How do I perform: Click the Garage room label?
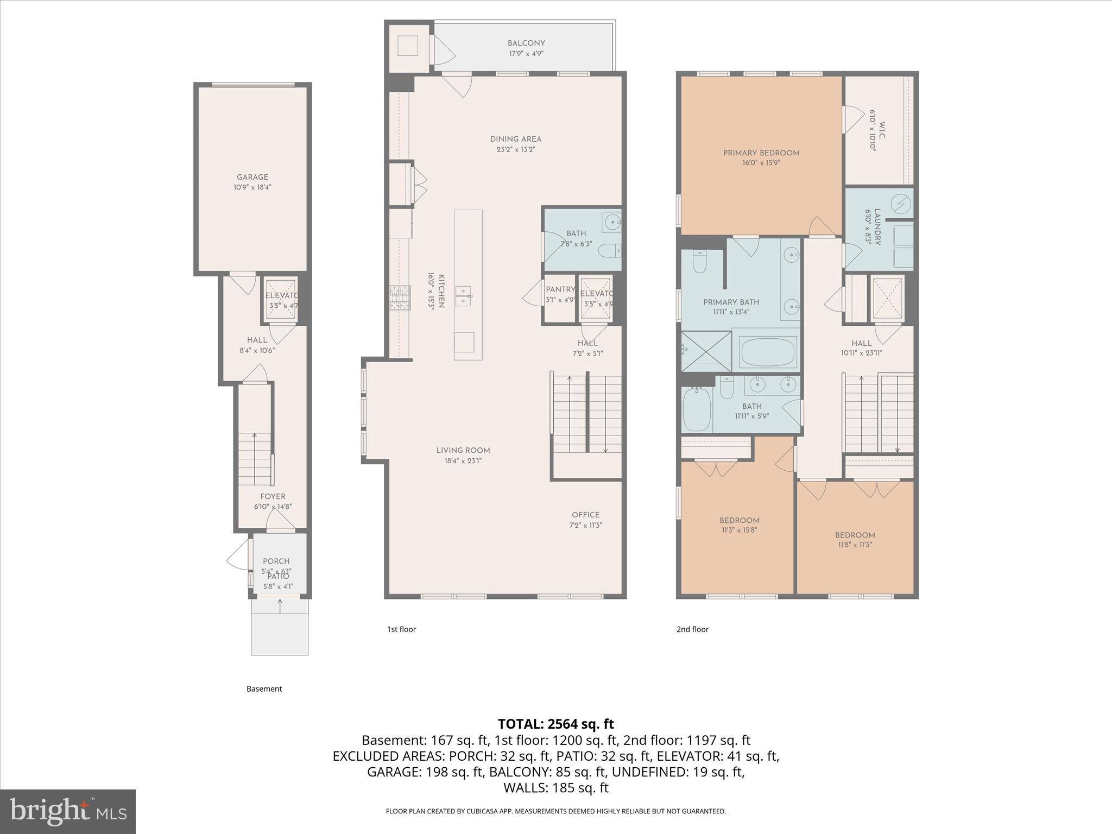click(252, 178)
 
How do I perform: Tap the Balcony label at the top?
click(526, 43)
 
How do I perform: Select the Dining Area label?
click(515, 140)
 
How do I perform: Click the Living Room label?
click(463, 451)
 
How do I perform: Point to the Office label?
click(585, 515)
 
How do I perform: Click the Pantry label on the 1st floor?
click(560, 290)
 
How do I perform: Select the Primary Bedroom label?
click(761, 154)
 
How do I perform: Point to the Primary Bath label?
click(731, 302)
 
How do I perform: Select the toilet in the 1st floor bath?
click(608, 251)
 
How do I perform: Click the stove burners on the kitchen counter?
click(400, 299)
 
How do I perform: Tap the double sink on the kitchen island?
click(463, 296)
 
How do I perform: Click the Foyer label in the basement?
click(273, 497)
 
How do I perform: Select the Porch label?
click(276, 561)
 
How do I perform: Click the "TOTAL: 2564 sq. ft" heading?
click(555, 724)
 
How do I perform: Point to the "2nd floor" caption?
click(692, 629)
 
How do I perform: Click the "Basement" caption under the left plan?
click(264, 689)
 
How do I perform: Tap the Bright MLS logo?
click(68, 812)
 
